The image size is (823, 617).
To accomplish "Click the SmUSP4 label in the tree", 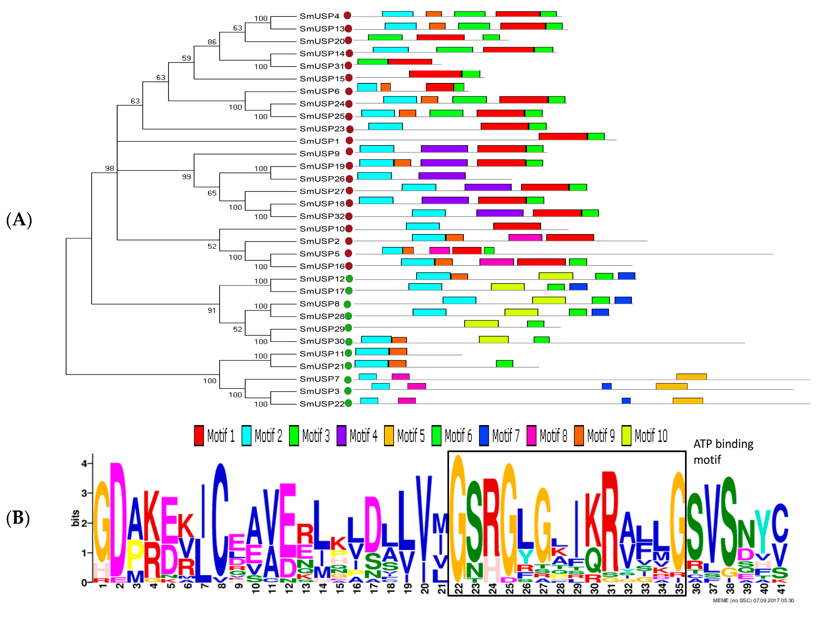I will [319, 16].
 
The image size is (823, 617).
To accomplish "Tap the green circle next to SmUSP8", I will [347, 304].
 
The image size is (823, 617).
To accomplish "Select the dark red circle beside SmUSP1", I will [349, 141].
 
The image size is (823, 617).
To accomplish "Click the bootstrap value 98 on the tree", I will [109, 168].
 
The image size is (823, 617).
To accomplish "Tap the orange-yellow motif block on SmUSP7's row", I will [691, 377].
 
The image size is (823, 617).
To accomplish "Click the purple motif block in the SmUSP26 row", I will [442, 175].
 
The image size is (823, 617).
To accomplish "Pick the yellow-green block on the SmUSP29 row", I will [481, 324].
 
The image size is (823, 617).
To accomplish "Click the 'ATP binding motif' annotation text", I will [723, 451].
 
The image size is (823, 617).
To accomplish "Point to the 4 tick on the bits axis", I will [84, 463].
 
